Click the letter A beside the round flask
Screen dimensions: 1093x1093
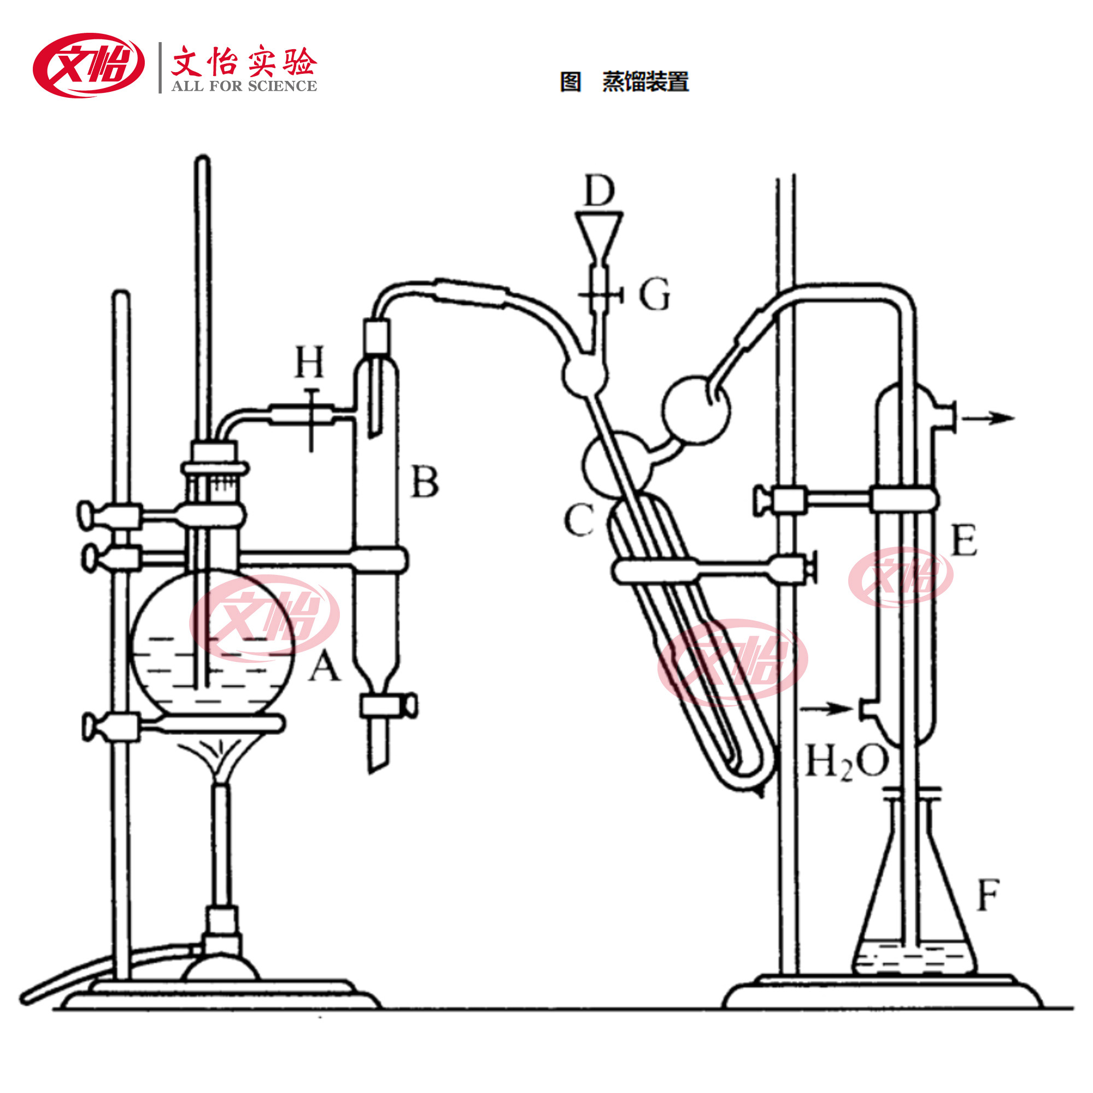(324, 665)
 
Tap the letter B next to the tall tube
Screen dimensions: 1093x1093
(424, 481)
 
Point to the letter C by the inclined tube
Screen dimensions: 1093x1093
(579, 520)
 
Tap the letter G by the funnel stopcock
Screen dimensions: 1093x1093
(654, 294)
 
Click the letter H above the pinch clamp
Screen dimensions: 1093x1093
(310, 361)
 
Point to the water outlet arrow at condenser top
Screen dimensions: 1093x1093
(987, 418)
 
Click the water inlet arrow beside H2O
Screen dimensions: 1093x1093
(826, 708)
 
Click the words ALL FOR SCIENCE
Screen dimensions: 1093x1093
(244, 86)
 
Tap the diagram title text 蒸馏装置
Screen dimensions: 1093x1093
(645, 81)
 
